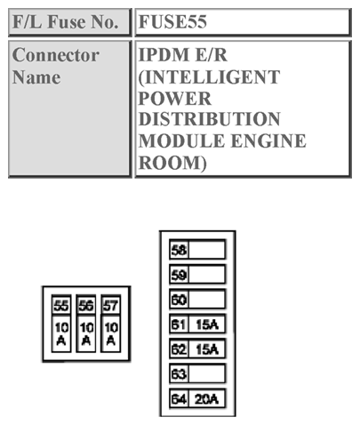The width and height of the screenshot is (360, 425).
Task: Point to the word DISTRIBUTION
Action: pos(210,119)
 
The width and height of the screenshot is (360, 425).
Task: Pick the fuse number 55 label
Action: pos(61,306)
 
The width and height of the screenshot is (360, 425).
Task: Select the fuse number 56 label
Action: pos(86,306)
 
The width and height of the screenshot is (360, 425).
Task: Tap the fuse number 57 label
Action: pos(110,306)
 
